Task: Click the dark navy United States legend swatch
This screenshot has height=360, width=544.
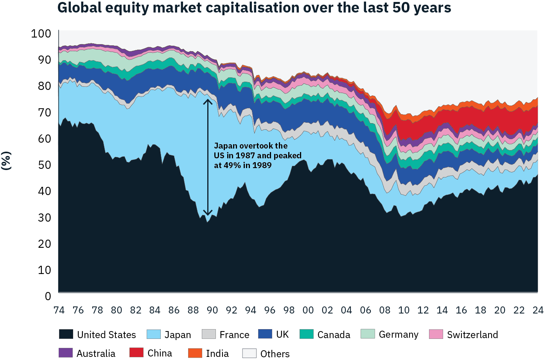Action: coord(66,334)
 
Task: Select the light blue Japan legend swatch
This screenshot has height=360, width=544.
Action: coord(153,334)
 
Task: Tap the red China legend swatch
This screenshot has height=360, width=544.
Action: coord(136,353)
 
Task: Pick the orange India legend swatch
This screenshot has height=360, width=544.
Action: coord(195,353)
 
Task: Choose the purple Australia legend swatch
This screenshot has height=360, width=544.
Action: coord(66,353)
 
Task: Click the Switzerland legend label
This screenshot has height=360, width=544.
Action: coord(472,335)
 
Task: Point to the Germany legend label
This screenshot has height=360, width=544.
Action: coord(399,335)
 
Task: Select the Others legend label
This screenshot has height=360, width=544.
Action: coord(275,353)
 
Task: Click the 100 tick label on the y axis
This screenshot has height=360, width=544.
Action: coord(41,34)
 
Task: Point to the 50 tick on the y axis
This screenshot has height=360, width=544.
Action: coord(45,165)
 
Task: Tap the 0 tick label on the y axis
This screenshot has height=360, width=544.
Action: coord(48,296)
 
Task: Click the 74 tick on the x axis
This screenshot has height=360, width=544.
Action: coord(59,310)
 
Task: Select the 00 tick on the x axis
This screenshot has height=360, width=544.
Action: coord(308,310)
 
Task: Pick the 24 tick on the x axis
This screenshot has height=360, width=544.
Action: coord(538,310)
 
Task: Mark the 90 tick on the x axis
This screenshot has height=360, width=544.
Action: coord(212,310)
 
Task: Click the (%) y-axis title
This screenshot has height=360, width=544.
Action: coord(6,160)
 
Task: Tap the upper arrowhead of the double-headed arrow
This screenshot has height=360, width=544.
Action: coord(208,101)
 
